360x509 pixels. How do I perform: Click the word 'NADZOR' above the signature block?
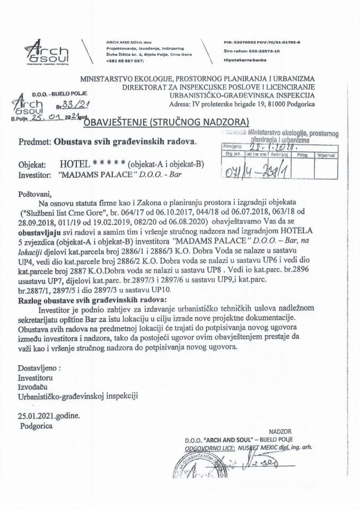tap(280, 432)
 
